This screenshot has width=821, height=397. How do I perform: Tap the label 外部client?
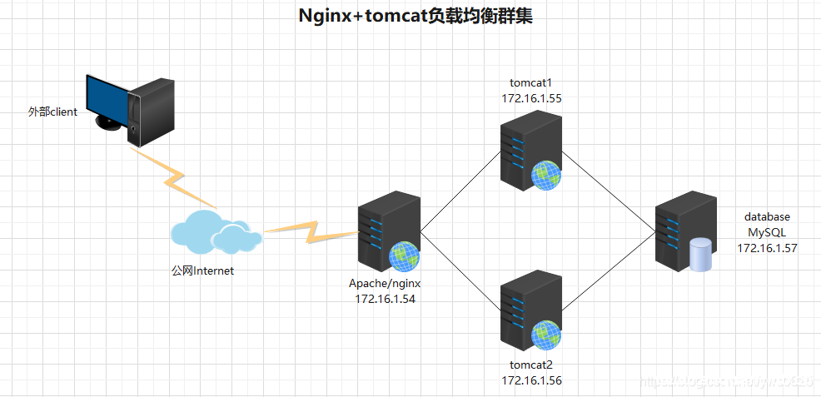pyautogui.click(x=52, y=112)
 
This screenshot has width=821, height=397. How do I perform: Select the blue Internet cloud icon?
pyautogui.click(x=213, y=232)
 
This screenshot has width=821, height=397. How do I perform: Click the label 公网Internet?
pyautogui.click(x=202, y=270)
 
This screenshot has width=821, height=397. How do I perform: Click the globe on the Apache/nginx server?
pyautogui.click(x=403, y=256)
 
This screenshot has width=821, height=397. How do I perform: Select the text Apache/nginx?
pyautogui.click(x=385, y=283)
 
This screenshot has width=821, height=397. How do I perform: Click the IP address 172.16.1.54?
pyautogui.click(x=385, y=298)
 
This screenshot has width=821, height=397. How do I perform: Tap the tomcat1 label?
pyautogui.click(x=530, y=83)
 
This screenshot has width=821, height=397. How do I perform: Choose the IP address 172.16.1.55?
pyautogui.click(x=530, y=98)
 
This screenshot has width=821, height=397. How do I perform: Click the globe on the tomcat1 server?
pyautogui.click(x=545, y=175)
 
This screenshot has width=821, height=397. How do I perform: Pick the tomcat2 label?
pyautogui.click(x=530, y=365)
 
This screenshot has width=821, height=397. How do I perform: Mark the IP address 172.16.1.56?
pyautogui.click(x=530, y=380)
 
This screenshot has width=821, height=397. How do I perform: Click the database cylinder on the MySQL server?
pyautogui.click(x=702, y=255)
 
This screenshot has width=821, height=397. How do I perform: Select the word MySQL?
pyautogui.click(x=767, y=232)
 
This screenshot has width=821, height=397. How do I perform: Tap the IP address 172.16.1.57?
pyautogui.click(x=767, y=247)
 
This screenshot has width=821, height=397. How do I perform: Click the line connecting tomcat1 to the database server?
pyautogui.click(x=608, y=190)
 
